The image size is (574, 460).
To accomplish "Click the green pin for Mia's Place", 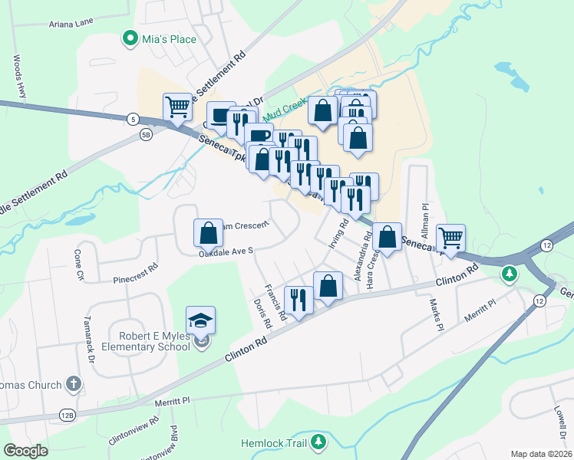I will coord(129,38).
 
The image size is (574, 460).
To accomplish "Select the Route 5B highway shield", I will coord(147,136).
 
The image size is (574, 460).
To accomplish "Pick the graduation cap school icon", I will coord(200,320).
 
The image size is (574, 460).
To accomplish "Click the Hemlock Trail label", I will coord(274,443).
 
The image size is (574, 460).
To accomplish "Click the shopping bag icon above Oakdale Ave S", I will coord(208,232).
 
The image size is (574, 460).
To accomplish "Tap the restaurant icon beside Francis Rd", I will coord(296,297).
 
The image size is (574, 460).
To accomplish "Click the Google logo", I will coord(26,451).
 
